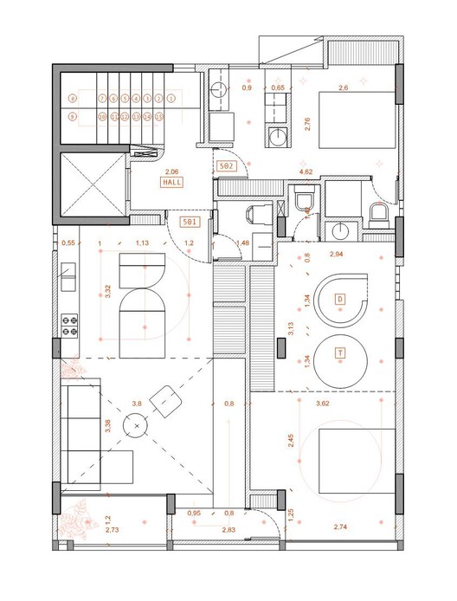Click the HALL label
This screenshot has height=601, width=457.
point(171,183)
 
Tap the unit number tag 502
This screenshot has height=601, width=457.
point(228,165)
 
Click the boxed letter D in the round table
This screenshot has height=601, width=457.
point(340,300)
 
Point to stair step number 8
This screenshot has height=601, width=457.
point(72,100)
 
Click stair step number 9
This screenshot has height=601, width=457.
point(72,116)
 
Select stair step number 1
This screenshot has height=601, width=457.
point(171,100)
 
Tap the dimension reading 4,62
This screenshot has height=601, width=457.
point(306,172)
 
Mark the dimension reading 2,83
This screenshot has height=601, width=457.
point(228,528)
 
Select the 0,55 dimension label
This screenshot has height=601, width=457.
point(68,243)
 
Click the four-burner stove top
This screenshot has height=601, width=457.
point(70,326)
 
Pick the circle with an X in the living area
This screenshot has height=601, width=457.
point(135,425)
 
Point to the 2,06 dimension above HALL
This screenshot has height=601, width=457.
point(171,172)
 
